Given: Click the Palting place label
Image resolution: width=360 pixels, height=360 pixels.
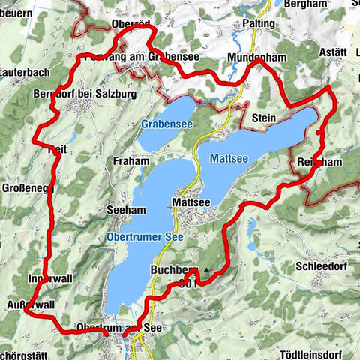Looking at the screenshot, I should coord(258,23).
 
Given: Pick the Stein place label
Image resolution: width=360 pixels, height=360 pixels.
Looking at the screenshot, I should coord(265,118).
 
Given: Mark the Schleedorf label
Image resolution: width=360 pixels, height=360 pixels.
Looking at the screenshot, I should coord(319,266).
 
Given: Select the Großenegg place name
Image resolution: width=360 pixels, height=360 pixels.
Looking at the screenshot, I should coord(21,187).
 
